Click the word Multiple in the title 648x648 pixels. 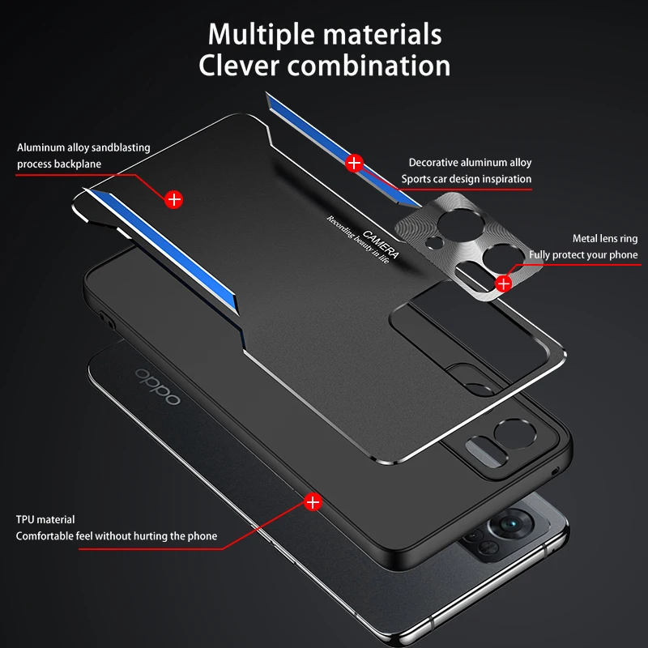click(261, 34)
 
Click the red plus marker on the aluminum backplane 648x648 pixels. click(173, 199)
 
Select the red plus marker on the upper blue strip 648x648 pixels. click(354, 164)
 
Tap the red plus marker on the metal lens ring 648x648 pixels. click(503, 284)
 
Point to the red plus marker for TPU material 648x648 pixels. click(313, 502)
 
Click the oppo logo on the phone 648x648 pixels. click(158, 386)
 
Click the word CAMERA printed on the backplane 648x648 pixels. click(381, 244)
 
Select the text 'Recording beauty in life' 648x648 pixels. click(358, 239)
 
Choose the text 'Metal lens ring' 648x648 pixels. click(605, 238)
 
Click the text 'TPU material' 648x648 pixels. click(45, 519)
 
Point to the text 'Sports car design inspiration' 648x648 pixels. click(467, 179)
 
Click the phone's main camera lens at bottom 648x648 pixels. click(511, 523)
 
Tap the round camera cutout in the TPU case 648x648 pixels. click(514, 434)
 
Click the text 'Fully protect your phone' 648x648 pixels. click(583, 255)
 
